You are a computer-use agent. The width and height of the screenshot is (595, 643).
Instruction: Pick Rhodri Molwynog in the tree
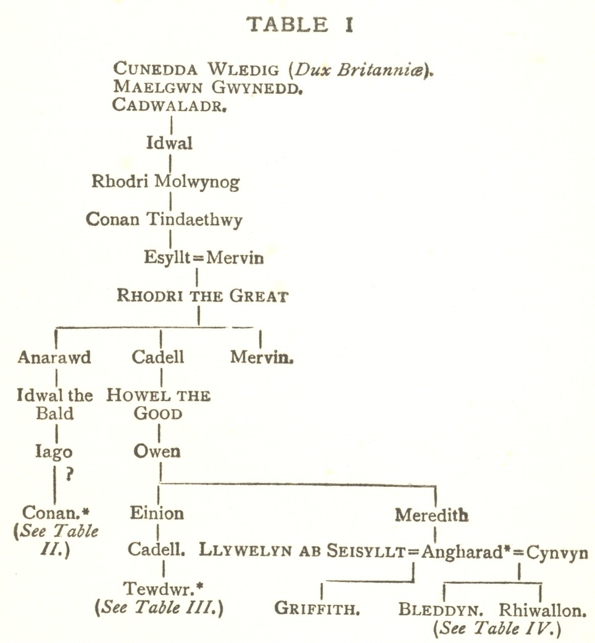[165, 182]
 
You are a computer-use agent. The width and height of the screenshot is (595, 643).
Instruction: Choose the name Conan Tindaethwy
[164, 219]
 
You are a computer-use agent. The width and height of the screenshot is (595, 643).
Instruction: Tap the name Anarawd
[54, 357]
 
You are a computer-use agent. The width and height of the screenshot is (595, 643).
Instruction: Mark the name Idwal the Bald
[55, 404]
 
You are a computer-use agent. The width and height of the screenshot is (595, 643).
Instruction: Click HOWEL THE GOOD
[159, 404]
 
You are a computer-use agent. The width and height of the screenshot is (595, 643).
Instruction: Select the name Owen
[157, 451]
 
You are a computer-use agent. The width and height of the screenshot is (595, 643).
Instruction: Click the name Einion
[157, 513]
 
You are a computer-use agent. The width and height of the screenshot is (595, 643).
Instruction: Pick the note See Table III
[159, 607]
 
